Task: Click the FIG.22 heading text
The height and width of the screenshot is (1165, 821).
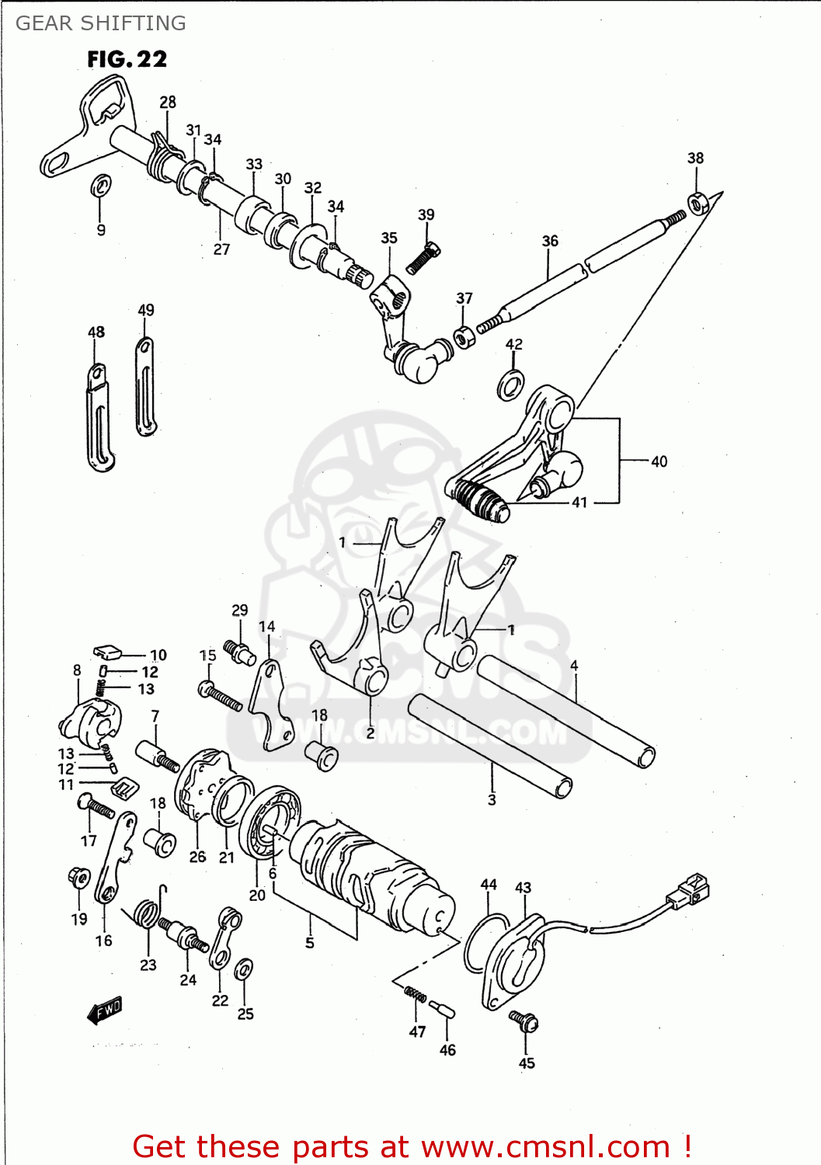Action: coord(127,59)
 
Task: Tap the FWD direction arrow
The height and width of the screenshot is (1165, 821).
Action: coord(104,1010)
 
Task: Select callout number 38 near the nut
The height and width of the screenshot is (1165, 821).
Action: coord(695,158)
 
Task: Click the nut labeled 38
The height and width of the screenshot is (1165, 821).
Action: coord(698,203)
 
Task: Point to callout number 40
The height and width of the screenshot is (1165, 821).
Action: coord(659,462)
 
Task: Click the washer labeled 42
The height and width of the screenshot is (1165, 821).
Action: coord(510,384)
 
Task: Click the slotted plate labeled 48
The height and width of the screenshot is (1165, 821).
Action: coord(99,419)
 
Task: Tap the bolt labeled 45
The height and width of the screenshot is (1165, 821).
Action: coord(524,1021)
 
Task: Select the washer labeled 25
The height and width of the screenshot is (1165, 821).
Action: coord(243,969)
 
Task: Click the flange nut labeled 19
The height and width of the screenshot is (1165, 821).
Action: coord(78,877)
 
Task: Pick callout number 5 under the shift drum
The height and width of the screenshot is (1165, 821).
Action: coord(309,943)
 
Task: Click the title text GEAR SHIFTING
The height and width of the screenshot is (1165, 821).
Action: coord(101,23)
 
